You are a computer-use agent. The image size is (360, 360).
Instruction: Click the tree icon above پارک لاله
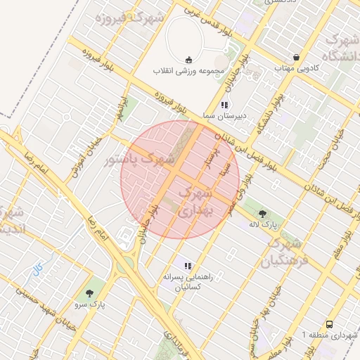coord(263,212)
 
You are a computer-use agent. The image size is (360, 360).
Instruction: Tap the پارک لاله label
coord(264,225)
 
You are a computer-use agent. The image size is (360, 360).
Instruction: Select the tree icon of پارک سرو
coord(89,293)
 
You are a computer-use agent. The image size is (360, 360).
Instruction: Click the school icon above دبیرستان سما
coord(224,103)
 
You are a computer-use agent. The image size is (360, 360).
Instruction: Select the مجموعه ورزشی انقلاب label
coord(188,71)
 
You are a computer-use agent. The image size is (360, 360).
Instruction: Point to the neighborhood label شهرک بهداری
coord(195,200)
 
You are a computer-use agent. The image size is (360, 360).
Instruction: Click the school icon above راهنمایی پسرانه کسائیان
coord(187,266)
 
